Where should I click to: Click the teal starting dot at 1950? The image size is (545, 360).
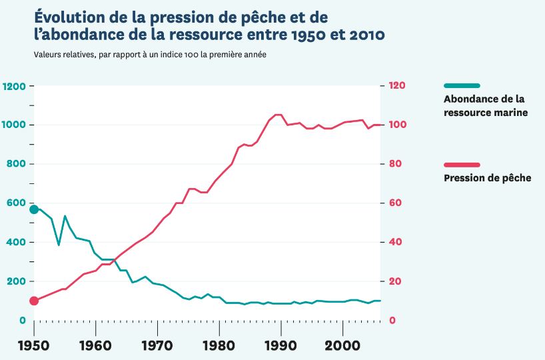[x=34, y=209]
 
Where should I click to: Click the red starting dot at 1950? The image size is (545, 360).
[x=34, y=301]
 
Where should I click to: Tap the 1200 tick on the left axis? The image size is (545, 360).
[x=14, y=86]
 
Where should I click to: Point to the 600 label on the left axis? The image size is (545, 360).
[x=17, y=203]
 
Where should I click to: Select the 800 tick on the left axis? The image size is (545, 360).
[x=17, y=164]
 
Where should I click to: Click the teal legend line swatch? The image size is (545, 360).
[x=461, y=85]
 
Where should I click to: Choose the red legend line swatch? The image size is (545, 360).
[x=461, y=165]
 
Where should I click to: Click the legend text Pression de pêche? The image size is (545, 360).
[x=487, y=178]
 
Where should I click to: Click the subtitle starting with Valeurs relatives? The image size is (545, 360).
[x=150, y=54]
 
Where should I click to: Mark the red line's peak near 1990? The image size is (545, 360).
[x=278, y=115]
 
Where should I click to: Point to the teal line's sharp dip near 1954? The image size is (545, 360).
[x=59, y=245]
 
